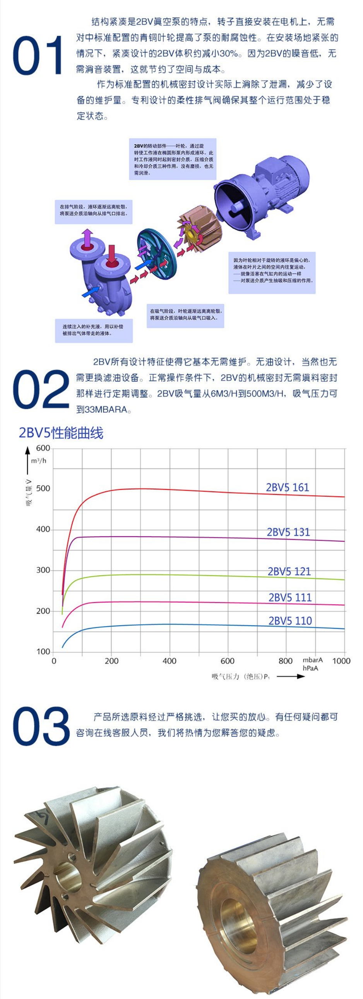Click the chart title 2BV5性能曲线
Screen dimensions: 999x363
[61, 433]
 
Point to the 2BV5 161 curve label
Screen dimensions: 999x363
[288, 487]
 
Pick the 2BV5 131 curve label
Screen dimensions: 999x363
[288, 532]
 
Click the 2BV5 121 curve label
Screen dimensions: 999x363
[289, 572]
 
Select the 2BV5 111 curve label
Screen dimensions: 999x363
[290, 597]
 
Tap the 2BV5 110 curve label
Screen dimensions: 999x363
[290, 621]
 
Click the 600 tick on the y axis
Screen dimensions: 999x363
[43, 448]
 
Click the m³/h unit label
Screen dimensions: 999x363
[38, 461]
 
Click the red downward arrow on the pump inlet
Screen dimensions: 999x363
[112, 254]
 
